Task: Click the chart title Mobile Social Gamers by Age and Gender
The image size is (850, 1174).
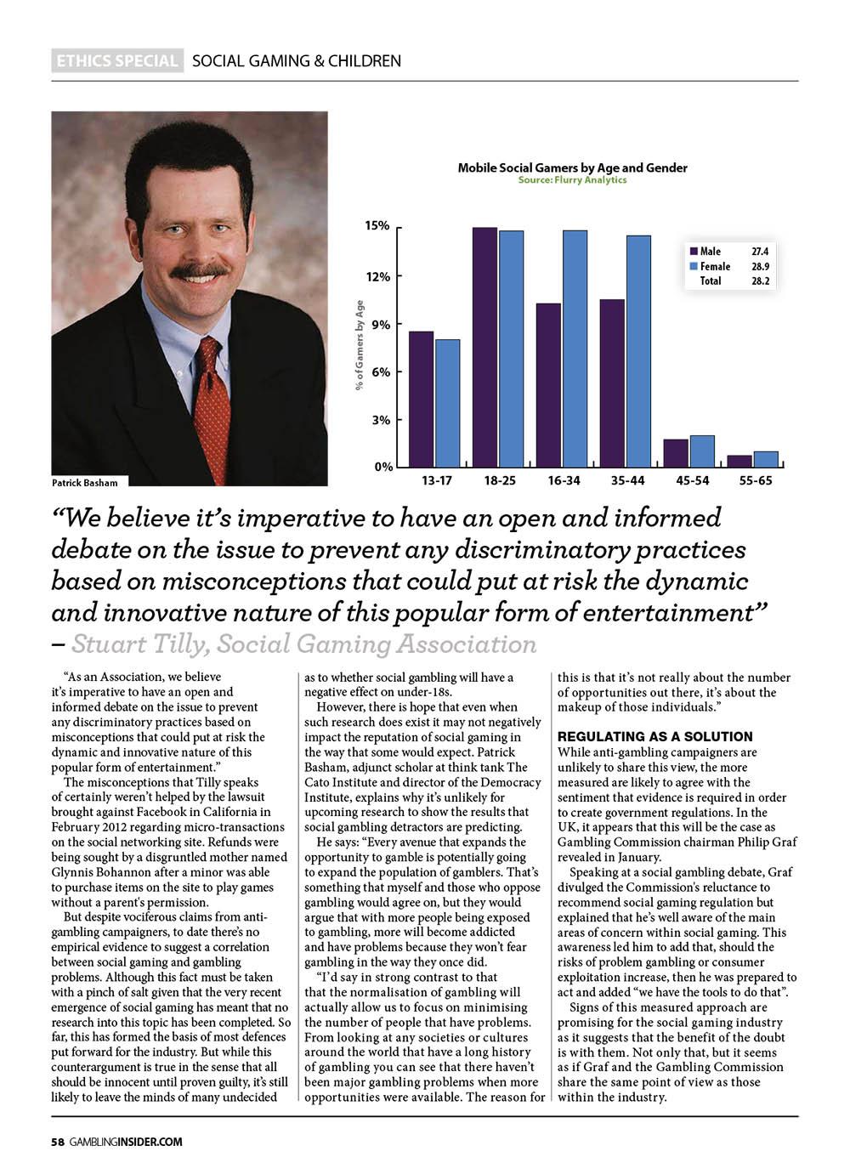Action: click(572, 167)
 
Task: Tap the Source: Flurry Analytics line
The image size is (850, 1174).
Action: click(572, 180)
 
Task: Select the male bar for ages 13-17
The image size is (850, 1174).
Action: click(421, 399)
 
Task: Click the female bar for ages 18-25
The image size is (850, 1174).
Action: click(511, 349)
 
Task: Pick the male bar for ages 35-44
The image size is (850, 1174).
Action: click(612, 383)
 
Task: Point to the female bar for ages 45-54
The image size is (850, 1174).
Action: click(702, 451)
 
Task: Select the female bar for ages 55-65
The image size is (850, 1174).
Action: click(766, 459)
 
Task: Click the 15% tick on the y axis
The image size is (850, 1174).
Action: click(377, 226)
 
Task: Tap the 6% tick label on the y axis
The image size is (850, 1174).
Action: click(380, 372)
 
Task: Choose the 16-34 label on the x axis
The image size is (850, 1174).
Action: click(564, 481)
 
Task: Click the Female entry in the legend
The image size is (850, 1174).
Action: click(714, 266)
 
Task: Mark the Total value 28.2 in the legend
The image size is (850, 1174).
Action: click(760, 281)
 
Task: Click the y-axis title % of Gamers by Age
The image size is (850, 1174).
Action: click(360, 345)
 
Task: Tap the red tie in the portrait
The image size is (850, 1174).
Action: click(212, 408)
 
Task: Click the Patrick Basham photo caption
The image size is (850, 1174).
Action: click(85, 483)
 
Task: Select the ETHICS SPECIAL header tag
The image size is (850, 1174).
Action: click(117, 61)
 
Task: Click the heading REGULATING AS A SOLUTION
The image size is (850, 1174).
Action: click(654, 736)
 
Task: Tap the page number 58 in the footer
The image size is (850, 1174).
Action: click(57, 1142)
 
